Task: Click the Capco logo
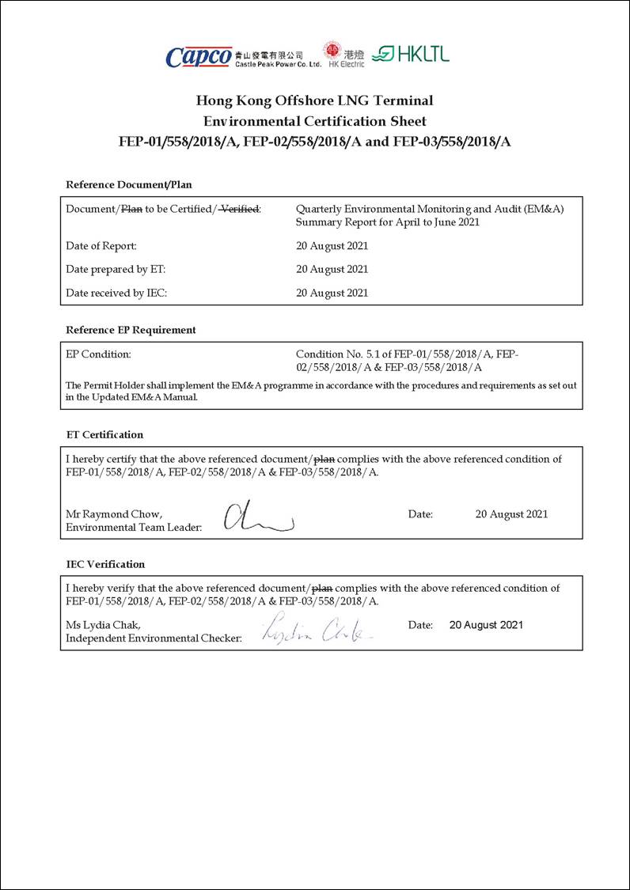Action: point(199,56)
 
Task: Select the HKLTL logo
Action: point(410,54)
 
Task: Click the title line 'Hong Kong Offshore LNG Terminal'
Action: point(314,100)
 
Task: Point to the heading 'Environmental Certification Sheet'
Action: point(314,121)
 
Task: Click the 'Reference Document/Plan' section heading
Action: point(128,184)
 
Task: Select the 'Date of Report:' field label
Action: point(101,246)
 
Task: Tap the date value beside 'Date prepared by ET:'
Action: point(332,269)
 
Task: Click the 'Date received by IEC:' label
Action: point(116,293)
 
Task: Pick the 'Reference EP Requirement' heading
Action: point(131,330)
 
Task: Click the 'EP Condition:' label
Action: point(98,354)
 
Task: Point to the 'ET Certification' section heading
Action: point(104,434)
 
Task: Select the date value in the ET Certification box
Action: point(511,514)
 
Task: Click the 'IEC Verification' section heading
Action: point(105,564)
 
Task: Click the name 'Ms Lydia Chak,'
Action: point(103,625)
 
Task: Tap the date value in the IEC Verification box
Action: point(486,625)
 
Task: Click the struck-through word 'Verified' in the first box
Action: point(239,209)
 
